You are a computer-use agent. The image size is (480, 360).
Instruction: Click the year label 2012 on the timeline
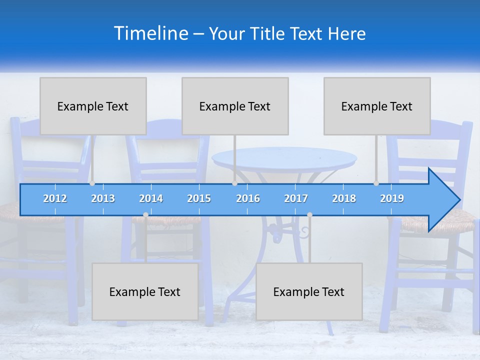point(55,198)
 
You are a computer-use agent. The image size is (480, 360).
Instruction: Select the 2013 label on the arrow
point(103,198)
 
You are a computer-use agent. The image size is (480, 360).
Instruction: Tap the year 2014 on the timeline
point(151,198)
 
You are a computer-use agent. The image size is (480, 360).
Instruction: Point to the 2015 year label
point(199,198)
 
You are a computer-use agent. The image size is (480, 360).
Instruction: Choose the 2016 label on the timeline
point(248,198)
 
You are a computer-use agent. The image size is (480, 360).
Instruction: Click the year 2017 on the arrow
point(296,198)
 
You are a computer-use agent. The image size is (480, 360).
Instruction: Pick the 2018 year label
point(344,198)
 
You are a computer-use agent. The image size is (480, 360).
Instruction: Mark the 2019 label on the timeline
point(392,198)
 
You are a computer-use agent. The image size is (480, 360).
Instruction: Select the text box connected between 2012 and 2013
point(93,106)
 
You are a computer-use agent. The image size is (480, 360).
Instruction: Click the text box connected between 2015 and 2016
point(235,106)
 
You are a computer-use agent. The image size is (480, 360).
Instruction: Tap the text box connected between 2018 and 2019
point(377,106)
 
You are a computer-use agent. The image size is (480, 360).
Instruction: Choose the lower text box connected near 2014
point(145,291)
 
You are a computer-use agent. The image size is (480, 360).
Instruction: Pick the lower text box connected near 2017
point(309,291)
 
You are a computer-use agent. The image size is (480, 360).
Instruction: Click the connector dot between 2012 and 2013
point(92,183)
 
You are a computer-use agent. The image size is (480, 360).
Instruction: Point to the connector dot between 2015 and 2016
point(234,183)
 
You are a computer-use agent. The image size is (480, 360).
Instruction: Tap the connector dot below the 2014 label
point(145,215)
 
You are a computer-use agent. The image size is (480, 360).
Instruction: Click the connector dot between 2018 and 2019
point(376,183)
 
